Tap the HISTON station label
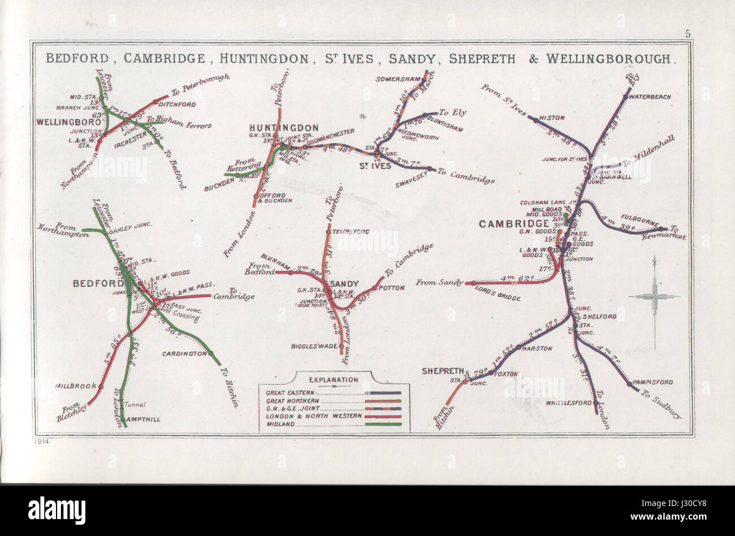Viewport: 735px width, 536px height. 552,118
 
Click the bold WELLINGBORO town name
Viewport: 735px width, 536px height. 62,122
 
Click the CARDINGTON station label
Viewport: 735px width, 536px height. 182,355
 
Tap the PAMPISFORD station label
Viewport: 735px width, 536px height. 654,382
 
